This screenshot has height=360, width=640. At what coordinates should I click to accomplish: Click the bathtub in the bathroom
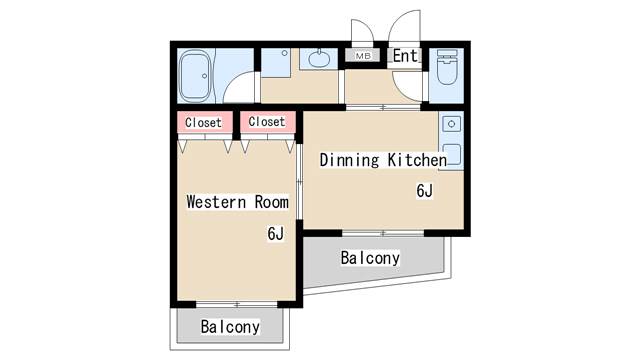(x=196, y=76)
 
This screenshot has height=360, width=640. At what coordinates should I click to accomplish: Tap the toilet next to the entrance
(x=446, y=67)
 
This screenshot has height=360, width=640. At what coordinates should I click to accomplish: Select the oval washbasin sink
(x=319, y=59)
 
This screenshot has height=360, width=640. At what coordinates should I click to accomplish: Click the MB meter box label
(x=362, y=56)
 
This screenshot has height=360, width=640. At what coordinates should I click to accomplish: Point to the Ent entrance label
(x=405, y=56)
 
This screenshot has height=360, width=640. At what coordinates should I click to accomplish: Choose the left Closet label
(x=203, y=122)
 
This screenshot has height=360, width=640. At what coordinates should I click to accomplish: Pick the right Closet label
(x=267, y=122)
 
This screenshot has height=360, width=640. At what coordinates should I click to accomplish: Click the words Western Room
(x=237, y=202)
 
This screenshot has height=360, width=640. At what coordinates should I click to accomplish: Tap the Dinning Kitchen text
(x=383, y=160)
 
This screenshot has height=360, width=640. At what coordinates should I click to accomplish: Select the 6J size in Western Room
(x=276, y=233)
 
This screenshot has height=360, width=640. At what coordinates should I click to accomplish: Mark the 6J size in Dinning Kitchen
(x=424, y=191)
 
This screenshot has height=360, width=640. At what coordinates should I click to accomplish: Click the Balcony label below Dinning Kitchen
(x=370, y=258)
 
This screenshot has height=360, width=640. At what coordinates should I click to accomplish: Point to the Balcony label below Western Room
(x=230, y=327)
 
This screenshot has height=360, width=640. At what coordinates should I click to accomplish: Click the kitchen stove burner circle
(x=451, y=124)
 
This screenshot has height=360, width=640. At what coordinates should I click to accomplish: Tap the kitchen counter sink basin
(x=452, y=154)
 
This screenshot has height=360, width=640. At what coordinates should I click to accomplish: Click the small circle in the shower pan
(x=284, y=53)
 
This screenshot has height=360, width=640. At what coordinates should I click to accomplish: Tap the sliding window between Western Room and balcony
(x=237, y=304)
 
